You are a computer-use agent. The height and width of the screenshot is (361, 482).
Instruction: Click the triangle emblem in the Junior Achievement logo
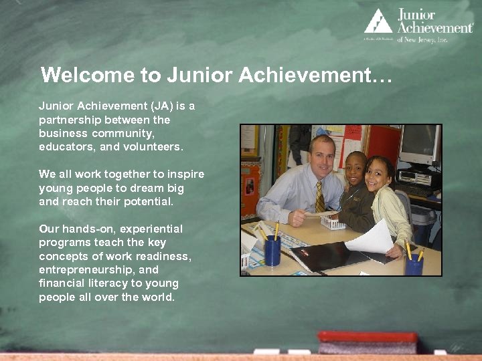(378, 21)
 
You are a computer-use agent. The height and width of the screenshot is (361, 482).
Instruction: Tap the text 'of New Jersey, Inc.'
(422, 39)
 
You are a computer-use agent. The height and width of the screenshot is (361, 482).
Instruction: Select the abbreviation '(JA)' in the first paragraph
(162, 106)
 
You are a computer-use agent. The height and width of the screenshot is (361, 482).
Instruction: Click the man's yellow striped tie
(320, 197)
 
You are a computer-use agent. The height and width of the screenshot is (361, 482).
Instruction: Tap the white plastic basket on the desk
(333, 222)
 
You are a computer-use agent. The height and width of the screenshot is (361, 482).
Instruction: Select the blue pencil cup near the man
(272, 251)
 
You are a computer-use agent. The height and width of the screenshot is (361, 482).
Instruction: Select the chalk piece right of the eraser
(440, 352)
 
